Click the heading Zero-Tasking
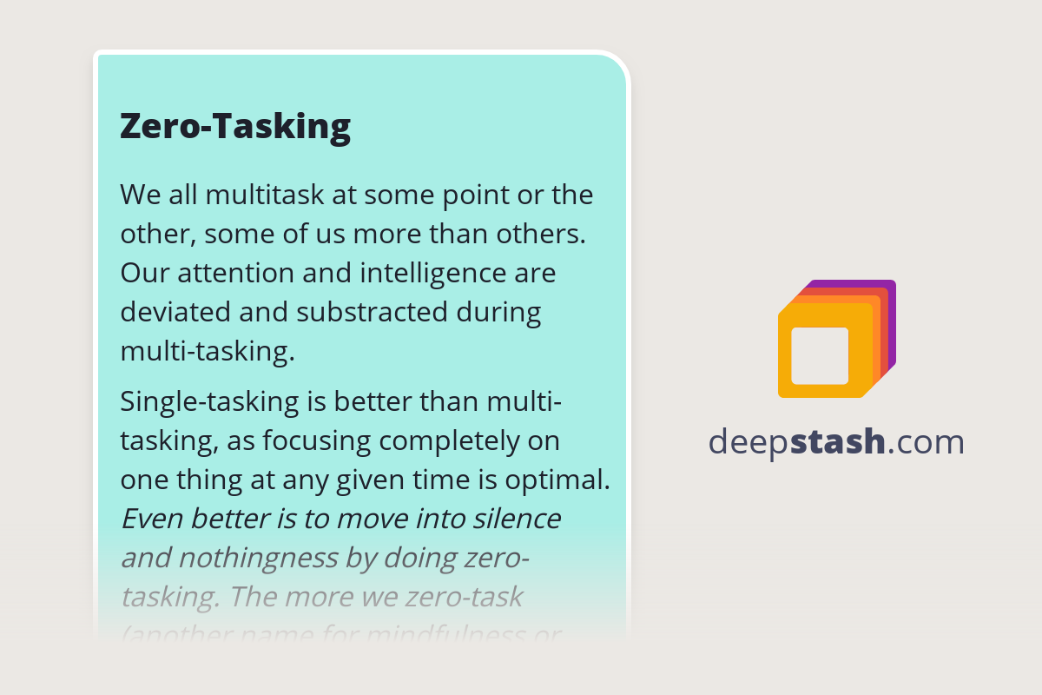click(x=235, y=127)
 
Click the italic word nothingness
click(x=264, y=558)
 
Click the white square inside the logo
click(x=820, y=355)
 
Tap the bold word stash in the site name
click(x=839, y=442)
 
